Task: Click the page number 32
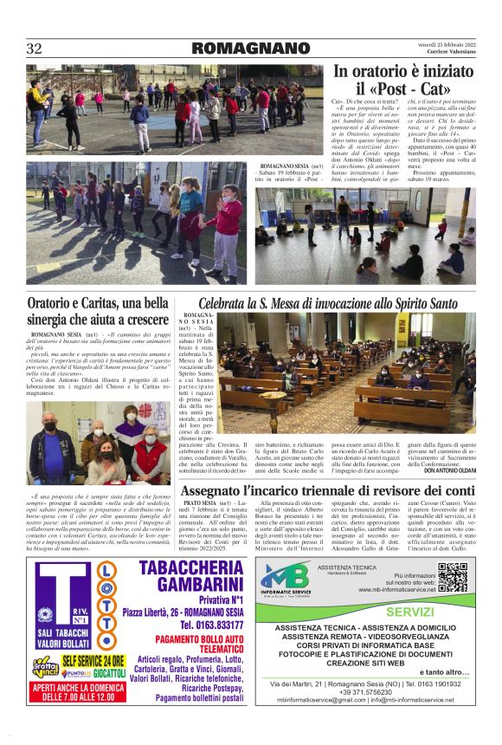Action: point(34,49)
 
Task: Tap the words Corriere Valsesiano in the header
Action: point(448,53)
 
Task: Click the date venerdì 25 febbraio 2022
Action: point(449,43)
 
